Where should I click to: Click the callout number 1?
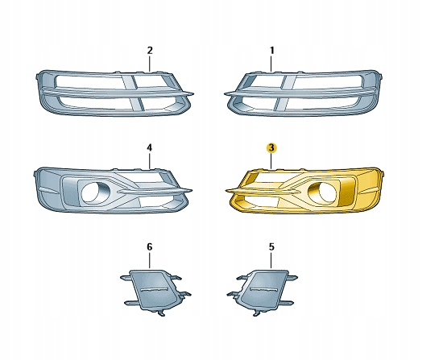point(271,51)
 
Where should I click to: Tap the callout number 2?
point(150,51)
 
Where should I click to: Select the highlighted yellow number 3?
point(271,148)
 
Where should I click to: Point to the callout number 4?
point(150,148)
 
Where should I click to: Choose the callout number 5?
point(271,247)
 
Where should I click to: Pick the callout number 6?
point(150,247)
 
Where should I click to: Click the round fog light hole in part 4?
point(94,192)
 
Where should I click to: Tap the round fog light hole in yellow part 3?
point(323,192)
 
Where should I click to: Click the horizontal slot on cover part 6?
point(154,290)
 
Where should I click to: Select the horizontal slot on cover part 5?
point(264,290)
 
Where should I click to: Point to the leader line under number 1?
point(271,64)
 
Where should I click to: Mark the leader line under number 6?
point(150,260)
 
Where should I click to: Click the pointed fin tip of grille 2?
point(193,93)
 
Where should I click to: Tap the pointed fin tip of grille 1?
point(226,93)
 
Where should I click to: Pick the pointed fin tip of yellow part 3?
point(226,191)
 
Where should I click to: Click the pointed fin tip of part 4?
point(192,190)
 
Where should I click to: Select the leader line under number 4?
point(150,161)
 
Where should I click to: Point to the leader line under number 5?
point(271,260)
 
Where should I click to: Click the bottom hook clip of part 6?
point(161,313)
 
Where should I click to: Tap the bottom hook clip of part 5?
point(257,313)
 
